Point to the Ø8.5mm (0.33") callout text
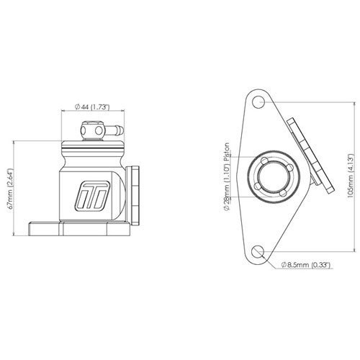(307, 265)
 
